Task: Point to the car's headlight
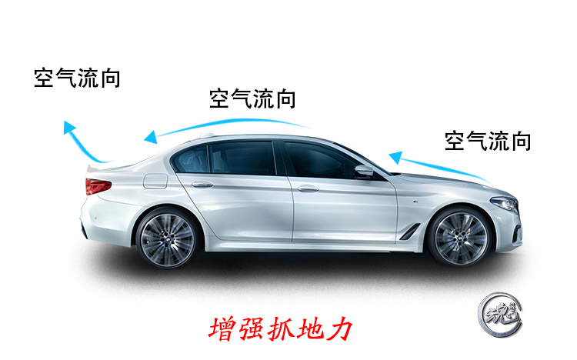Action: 504,203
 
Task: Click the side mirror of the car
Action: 363,171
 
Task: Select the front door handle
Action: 308,188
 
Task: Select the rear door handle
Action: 202,185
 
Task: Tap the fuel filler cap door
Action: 155,182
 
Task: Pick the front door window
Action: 319,161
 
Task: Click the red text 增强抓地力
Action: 280,329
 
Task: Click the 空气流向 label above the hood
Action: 488,141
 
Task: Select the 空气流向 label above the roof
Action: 252,98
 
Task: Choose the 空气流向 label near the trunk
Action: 77,78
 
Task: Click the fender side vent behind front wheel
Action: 410,229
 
